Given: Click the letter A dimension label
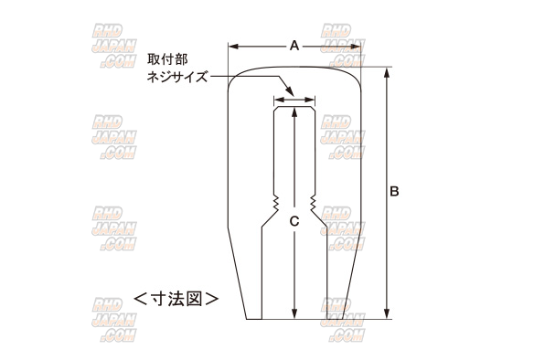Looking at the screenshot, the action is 294,44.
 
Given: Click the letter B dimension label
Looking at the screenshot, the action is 394,192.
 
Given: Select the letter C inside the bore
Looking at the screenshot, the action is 294,221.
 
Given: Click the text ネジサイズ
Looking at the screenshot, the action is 177,79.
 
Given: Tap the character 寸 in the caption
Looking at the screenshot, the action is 156,298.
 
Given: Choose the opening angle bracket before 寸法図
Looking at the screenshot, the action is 140,298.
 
